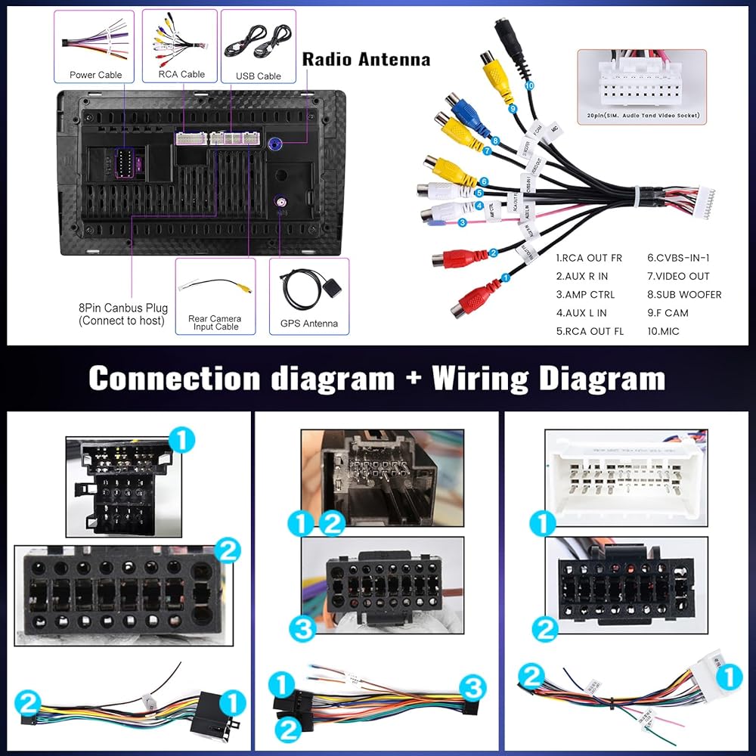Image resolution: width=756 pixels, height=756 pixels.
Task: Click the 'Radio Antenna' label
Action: (x=366, y=60)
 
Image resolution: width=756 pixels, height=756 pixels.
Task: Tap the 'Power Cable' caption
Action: (x=95, y=75)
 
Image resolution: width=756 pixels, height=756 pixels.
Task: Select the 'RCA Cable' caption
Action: (x=181, y=75)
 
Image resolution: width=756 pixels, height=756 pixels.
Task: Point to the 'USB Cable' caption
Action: (x=258, y=76)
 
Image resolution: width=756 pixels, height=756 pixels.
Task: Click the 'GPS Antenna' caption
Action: (x=308, y=324)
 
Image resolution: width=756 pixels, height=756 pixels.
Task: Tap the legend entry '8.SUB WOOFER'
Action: (x=684, y=294)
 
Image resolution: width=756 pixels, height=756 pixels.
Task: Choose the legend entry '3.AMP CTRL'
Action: (x=585, y=294)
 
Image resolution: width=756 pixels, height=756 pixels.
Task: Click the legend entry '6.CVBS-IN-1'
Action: (x=678, y=257)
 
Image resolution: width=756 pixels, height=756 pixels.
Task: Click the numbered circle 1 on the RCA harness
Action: (x=506, y=277)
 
